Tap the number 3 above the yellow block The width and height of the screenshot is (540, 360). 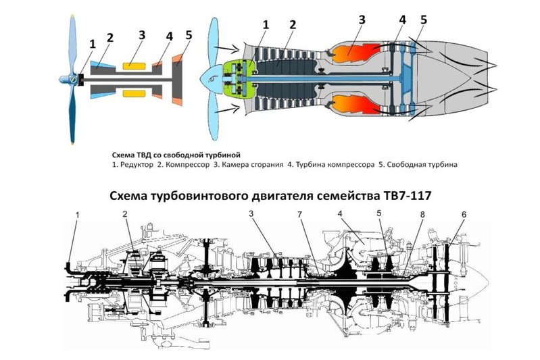(x=142, y=34)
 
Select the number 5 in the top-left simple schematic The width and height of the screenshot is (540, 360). (x=189, y=34)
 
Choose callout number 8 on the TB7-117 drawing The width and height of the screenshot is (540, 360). (x=422, y=215)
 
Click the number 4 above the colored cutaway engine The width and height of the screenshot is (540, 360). (x=402, y=20)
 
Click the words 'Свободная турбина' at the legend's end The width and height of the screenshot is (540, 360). (x=425, y=164)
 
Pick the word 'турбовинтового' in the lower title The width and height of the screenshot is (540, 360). (x=210, y=195)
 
